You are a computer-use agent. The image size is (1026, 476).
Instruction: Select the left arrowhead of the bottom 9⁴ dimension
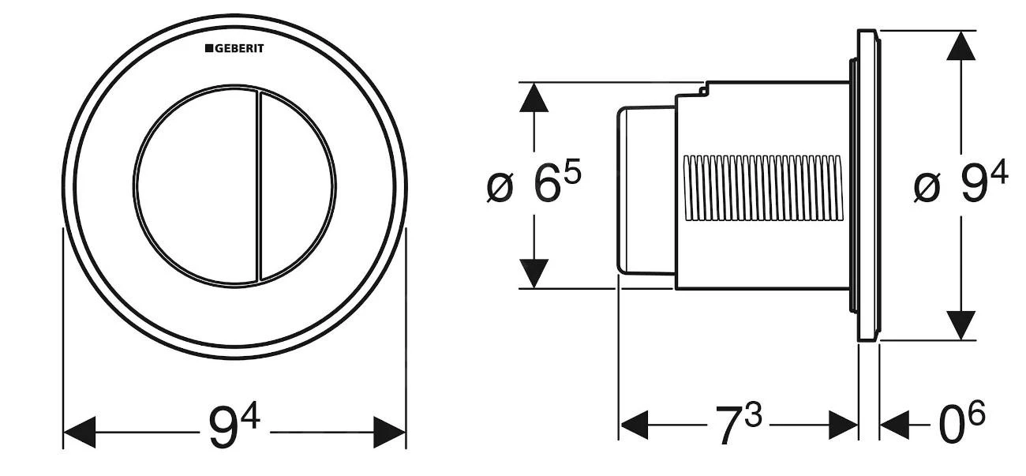(79, 433)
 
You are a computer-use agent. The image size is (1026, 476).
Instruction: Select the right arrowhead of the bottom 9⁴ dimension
(390, 433)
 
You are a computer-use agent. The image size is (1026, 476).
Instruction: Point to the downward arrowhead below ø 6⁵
(534, 272)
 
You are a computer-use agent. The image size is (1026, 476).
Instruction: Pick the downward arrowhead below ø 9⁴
(960, 324)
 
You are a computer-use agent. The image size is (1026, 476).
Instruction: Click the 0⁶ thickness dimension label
(961, 427)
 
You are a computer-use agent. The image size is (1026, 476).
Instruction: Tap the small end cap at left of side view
(643, 189)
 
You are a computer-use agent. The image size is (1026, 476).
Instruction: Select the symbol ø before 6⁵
(500, 188)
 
